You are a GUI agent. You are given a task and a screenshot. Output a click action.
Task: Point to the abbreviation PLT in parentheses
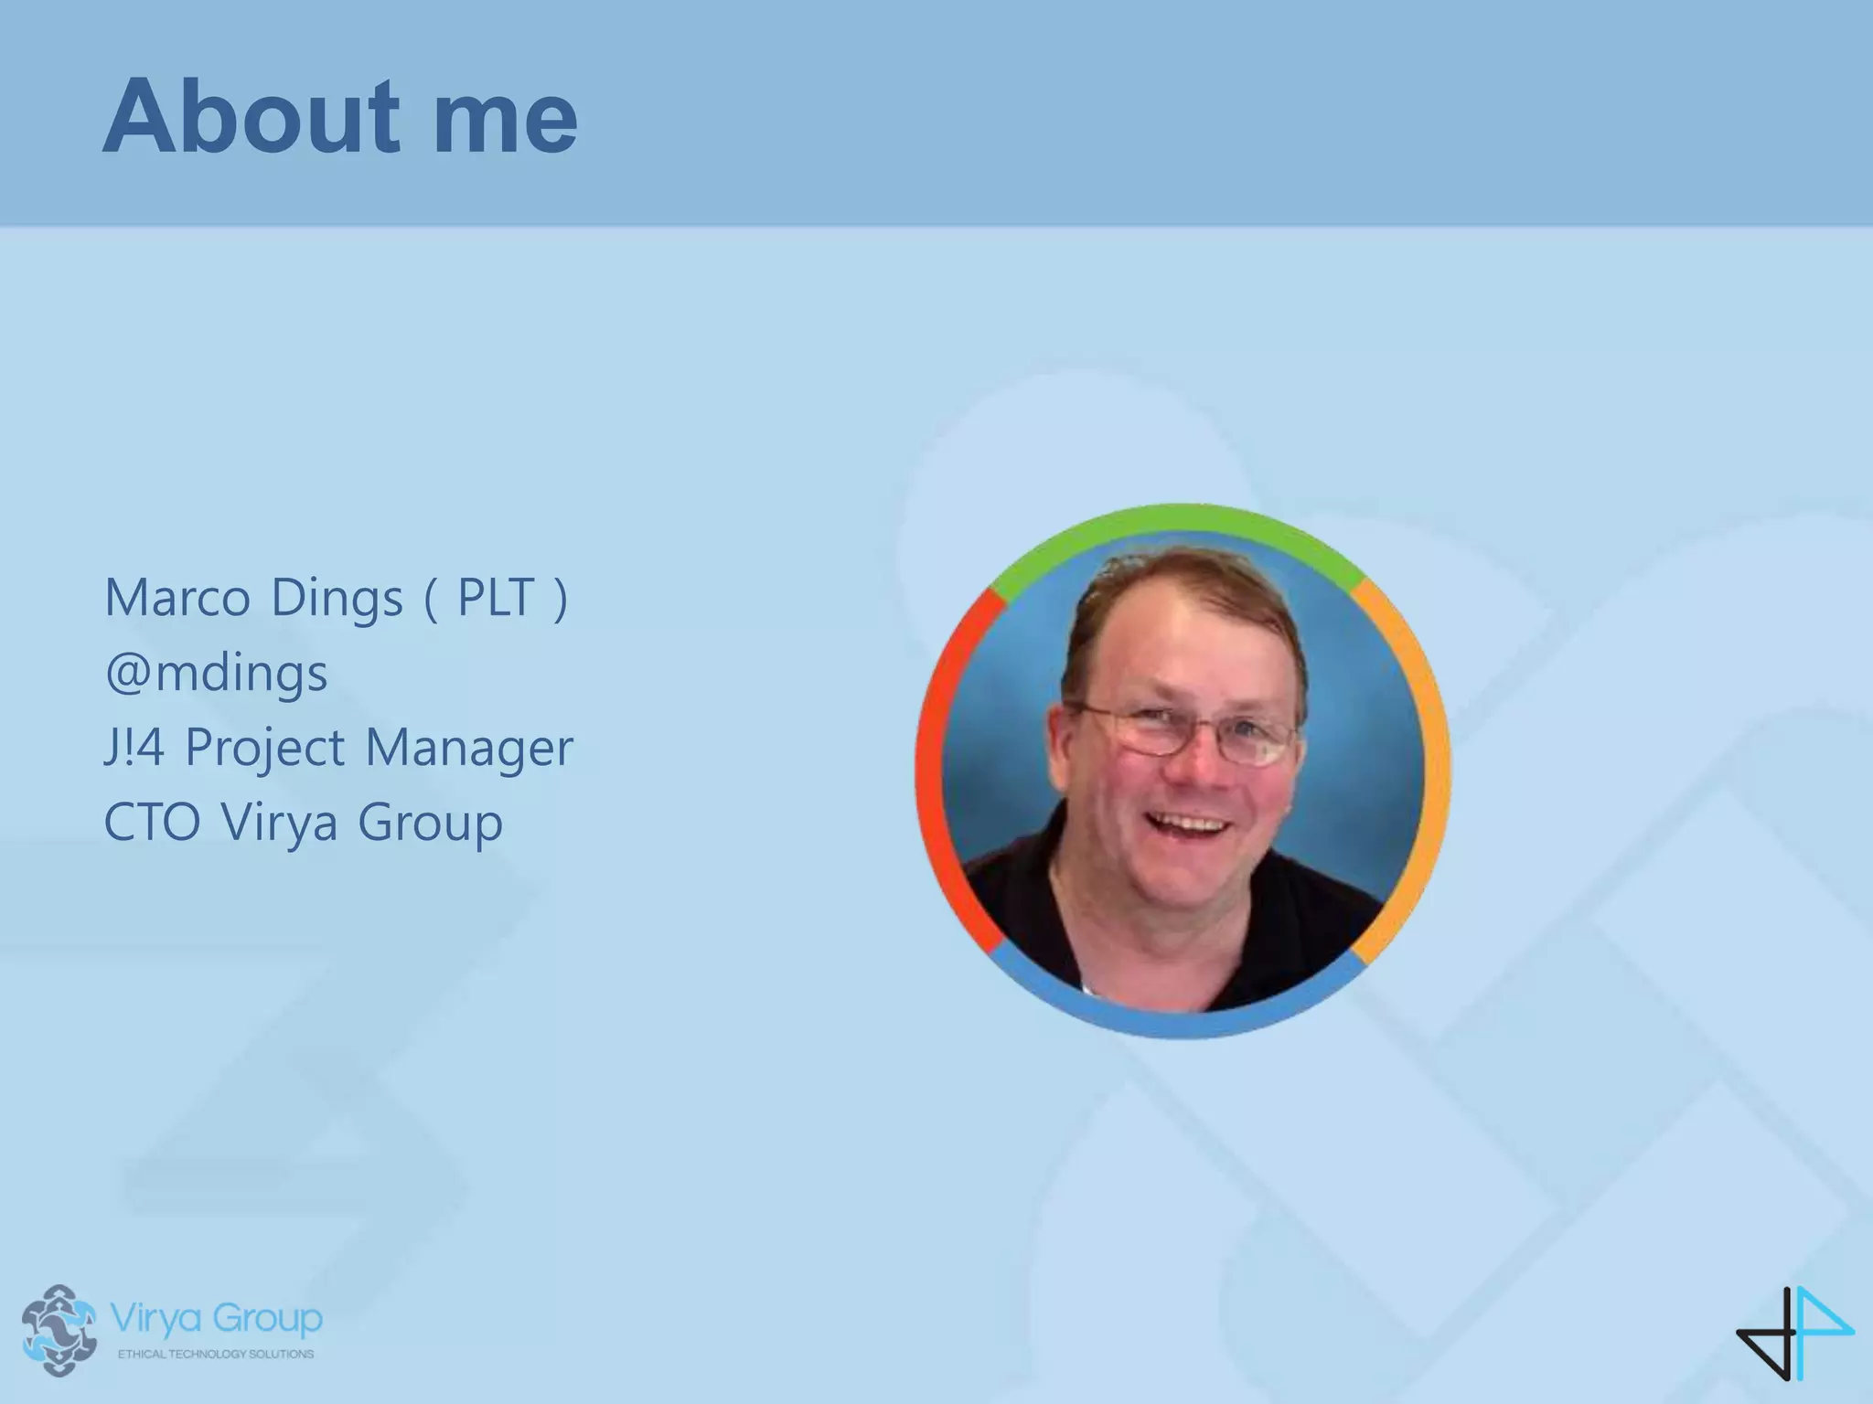pyautogui.click(x=495, y=598)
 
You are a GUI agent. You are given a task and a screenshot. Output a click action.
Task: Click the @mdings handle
pyautogui.click(x=216, y=674)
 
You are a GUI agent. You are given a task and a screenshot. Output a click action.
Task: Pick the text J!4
pyautogui.click(x=134, y=748)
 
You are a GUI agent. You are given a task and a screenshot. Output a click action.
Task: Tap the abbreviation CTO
pyautogui.click(x=152, y=822)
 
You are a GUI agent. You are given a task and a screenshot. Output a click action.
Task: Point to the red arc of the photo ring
pyautogui.click(x=934, y=768)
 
